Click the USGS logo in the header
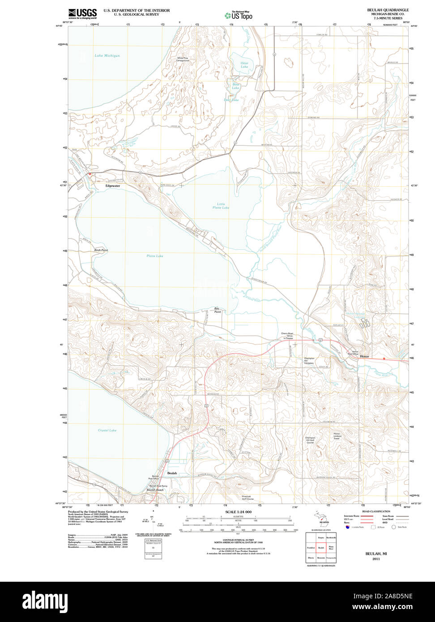pos(82,13)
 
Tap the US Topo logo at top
pos(239,16)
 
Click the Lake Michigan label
pos(107,56)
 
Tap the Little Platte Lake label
pos(221,206)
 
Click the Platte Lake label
pos(155,256)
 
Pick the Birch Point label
pos(101,250)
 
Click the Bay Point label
pos(217,310)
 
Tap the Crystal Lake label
pos(107,430)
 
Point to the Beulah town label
pos(172,473)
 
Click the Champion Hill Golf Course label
pos(310,440)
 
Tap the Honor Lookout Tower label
pos(337,436)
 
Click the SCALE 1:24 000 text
pos(238,511)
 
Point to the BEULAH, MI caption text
pos(376,554)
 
